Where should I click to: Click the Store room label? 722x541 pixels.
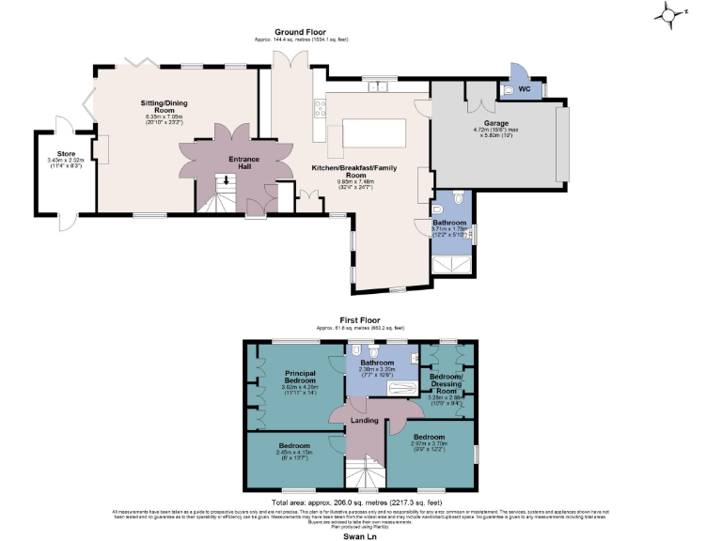65,156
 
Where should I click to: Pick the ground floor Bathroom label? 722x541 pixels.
449,223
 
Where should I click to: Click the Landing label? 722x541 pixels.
365,420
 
